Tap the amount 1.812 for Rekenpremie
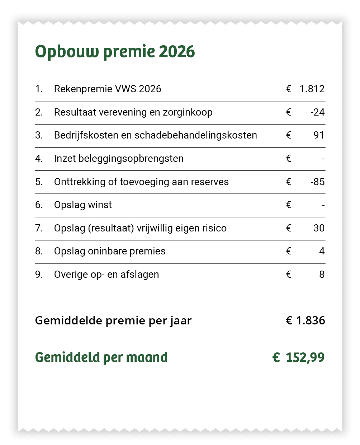pos(312,89)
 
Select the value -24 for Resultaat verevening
pos(317,112)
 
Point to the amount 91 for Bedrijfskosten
pos(319,135)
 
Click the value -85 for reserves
pos(317,182)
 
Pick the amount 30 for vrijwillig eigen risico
pos(319,228)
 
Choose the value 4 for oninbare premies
pos(322,251)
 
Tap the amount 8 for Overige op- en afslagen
pos(322,275)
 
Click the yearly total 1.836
pos(311,320)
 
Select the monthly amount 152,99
pos(305,357)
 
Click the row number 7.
pos(39,228)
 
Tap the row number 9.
pos(39,275)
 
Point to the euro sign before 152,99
pos(276,357)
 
